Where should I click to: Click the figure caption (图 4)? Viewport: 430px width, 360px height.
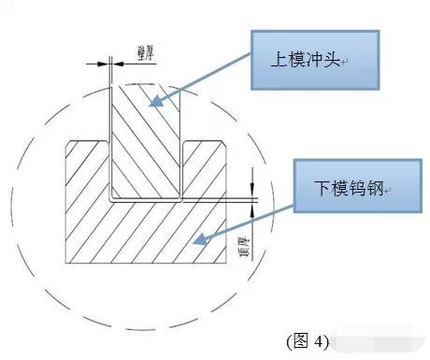[x=308, y=341]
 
